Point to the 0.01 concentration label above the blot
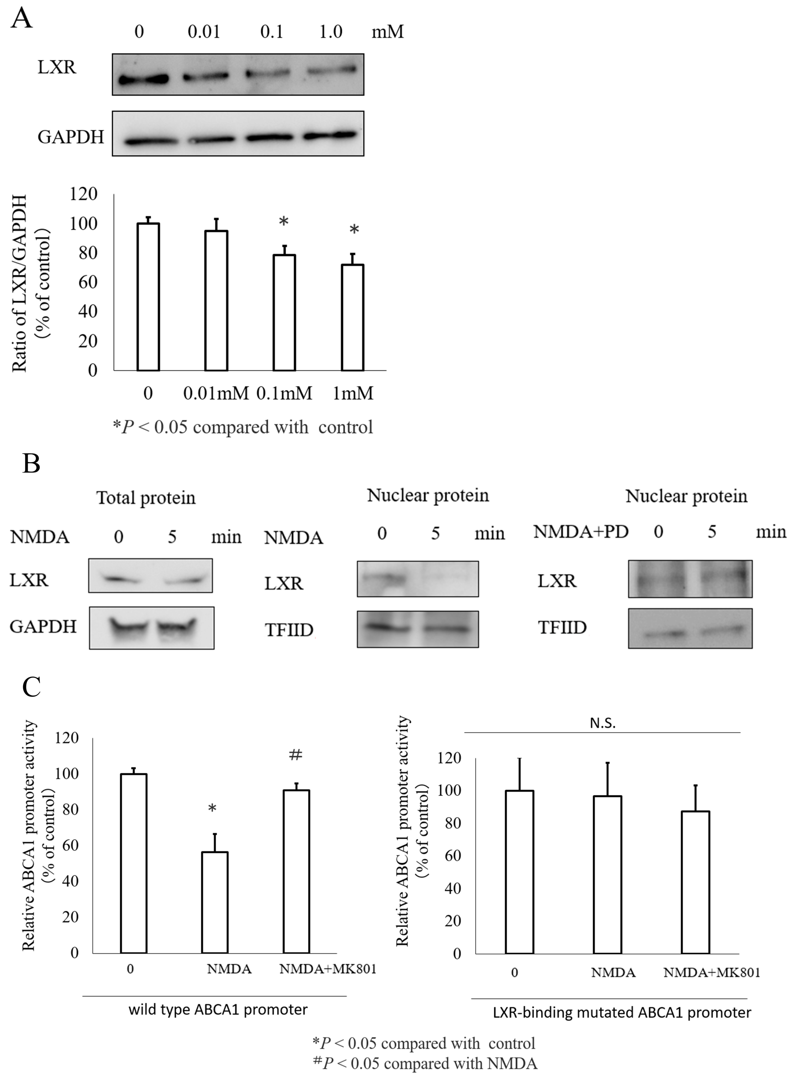pyautogui.click(x=204, y=32)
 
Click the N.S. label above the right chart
pyautogui.click(x=602, y=724)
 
